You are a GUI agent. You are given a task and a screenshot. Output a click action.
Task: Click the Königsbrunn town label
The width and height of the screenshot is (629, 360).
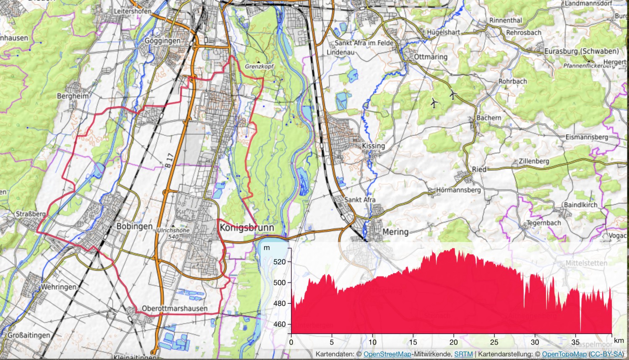click(247, 228)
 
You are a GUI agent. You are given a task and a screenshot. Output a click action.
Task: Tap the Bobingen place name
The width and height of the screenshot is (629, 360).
click(135, 226)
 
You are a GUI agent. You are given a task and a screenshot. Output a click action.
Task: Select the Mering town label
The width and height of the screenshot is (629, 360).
click(395, 232)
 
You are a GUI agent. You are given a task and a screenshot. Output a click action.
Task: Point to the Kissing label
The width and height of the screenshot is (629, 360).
click(373, 146)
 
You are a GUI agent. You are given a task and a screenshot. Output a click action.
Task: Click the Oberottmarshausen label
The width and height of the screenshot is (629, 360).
click(174, 308)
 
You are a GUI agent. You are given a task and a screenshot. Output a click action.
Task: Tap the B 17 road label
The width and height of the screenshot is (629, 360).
click(169, 161)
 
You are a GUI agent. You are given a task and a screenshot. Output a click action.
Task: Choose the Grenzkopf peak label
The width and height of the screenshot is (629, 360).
click(259, 66)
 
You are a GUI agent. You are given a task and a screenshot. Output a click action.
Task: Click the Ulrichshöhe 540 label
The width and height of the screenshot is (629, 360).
click(173, 233)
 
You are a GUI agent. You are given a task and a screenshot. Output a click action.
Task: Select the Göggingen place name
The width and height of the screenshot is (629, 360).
click(162, 41)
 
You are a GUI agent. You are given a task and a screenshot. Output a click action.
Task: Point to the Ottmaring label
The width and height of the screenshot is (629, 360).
click(431, 57)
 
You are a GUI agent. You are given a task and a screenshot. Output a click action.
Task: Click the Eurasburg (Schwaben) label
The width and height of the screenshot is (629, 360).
click(581, 51)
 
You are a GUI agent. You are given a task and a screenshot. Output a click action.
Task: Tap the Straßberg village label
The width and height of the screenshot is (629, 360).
click(31, 214)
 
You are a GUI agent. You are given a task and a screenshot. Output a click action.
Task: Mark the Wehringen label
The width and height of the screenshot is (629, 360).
click(59, 287)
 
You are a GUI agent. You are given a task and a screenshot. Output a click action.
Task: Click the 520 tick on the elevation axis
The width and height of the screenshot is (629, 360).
click(279, 262)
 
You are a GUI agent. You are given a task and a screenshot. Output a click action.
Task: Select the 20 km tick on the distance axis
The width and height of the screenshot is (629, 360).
click(453, 342)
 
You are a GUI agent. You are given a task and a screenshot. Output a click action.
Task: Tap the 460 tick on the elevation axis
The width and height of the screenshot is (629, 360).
click(279, 324)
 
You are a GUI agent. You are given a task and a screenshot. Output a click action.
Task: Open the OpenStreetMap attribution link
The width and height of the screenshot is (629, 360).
click(387, 354)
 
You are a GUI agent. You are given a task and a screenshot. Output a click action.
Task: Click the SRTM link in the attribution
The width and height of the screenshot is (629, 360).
click(463, 354)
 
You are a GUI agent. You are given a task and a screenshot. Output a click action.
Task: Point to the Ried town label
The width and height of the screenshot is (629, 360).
click(479, 170)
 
